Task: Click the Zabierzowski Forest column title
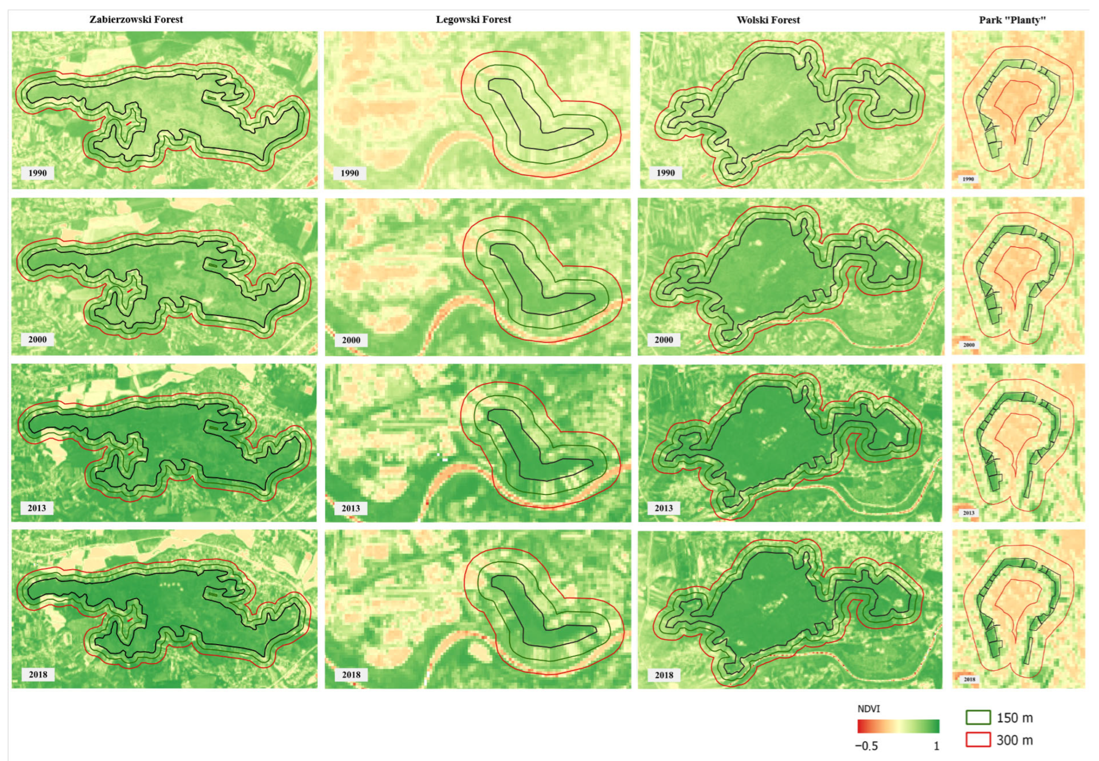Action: click(x=136, y=20)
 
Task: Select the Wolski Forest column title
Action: click(x=768, y=20)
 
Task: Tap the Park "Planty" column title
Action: click(x=1012, y=20)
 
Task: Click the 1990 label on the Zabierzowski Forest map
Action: click(x=37, y=173)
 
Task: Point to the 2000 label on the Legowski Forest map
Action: click(x=351, y=340)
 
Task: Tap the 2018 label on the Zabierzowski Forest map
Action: click(x=38, y=675)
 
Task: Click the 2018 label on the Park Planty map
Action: click(x=969, y=679)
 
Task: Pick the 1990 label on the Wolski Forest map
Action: click(x=665, y=173)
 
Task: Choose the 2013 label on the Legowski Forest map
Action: click(x=351, y=508)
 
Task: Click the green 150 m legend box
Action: click(x=978, y=717)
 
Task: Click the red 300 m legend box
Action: click(x=978, y=740)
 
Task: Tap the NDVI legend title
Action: click(x=869, y=709)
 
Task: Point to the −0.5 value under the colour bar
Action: click(x=866, y=746)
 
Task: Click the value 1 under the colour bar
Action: click(x=936, y=746)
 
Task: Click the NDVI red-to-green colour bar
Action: click(x=898, y=726)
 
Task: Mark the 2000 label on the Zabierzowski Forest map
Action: click(x=37, y=340)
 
